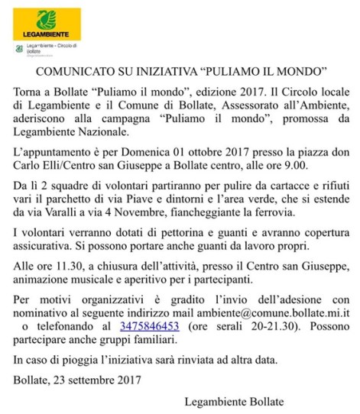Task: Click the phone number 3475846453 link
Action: click(x=151, y=325)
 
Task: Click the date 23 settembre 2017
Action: click(x=90, y=377)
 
